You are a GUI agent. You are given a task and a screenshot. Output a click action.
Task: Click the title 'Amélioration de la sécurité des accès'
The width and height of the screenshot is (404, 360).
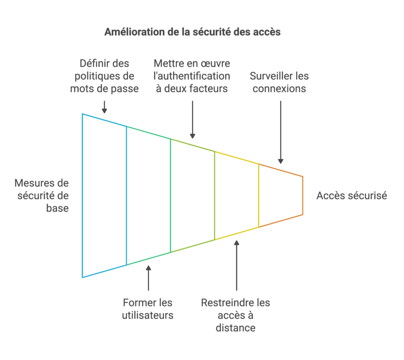tap(192, 32)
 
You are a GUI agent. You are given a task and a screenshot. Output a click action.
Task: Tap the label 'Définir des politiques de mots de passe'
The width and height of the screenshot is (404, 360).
tap(105, 76)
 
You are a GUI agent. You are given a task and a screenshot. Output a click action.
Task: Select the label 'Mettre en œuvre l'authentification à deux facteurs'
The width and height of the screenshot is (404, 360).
tap(192, 76)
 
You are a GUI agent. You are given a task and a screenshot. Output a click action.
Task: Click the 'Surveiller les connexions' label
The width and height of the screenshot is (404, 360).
tap(279, 82)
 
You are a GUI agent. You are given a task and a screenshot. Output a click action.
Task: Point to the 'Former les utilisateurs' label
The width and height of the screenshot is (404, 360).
tap(148, 309)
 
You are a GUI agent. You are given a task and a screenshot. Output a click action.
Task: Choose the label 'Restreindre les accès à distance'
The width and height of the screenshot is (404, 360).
tap(236, 315)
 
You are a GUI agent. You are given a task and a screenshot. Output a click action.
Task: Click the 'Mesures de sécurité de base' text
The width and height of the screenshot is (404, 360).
tap(41, 195)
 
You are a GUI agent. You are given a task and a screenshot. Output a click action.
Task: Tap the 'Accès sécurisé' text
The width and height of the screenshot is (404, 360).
tap(352, 196)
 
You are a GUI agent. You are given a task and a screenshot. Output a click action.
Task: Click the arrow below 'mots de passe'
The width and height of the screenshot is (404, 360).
tap(105, 107)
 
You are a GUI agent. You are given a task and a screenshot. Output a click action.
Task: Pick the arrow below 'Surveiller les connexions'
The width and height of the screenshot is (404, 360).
tap(281, 132)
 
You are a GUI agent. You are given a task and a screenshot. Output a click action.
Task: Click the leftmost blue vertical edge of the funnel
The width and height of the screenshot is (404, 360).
tap(82, 195)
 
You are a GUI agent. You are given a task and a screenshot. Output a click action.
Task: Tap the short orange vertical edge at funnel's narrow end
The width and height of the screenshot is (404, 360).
tap(303, 195)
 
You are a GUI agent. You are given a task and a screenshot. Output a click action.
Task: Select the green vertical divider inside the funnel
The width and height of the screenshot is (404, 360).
tap(170, 195)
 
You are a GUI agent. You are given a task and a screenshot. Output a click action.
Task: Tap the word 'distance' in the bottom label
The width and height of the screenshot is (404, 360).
tap(236, 328)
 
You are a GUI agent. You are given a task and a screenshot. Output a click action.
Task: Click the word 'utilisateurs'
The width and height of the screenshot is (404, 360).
tap(148, 315)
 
